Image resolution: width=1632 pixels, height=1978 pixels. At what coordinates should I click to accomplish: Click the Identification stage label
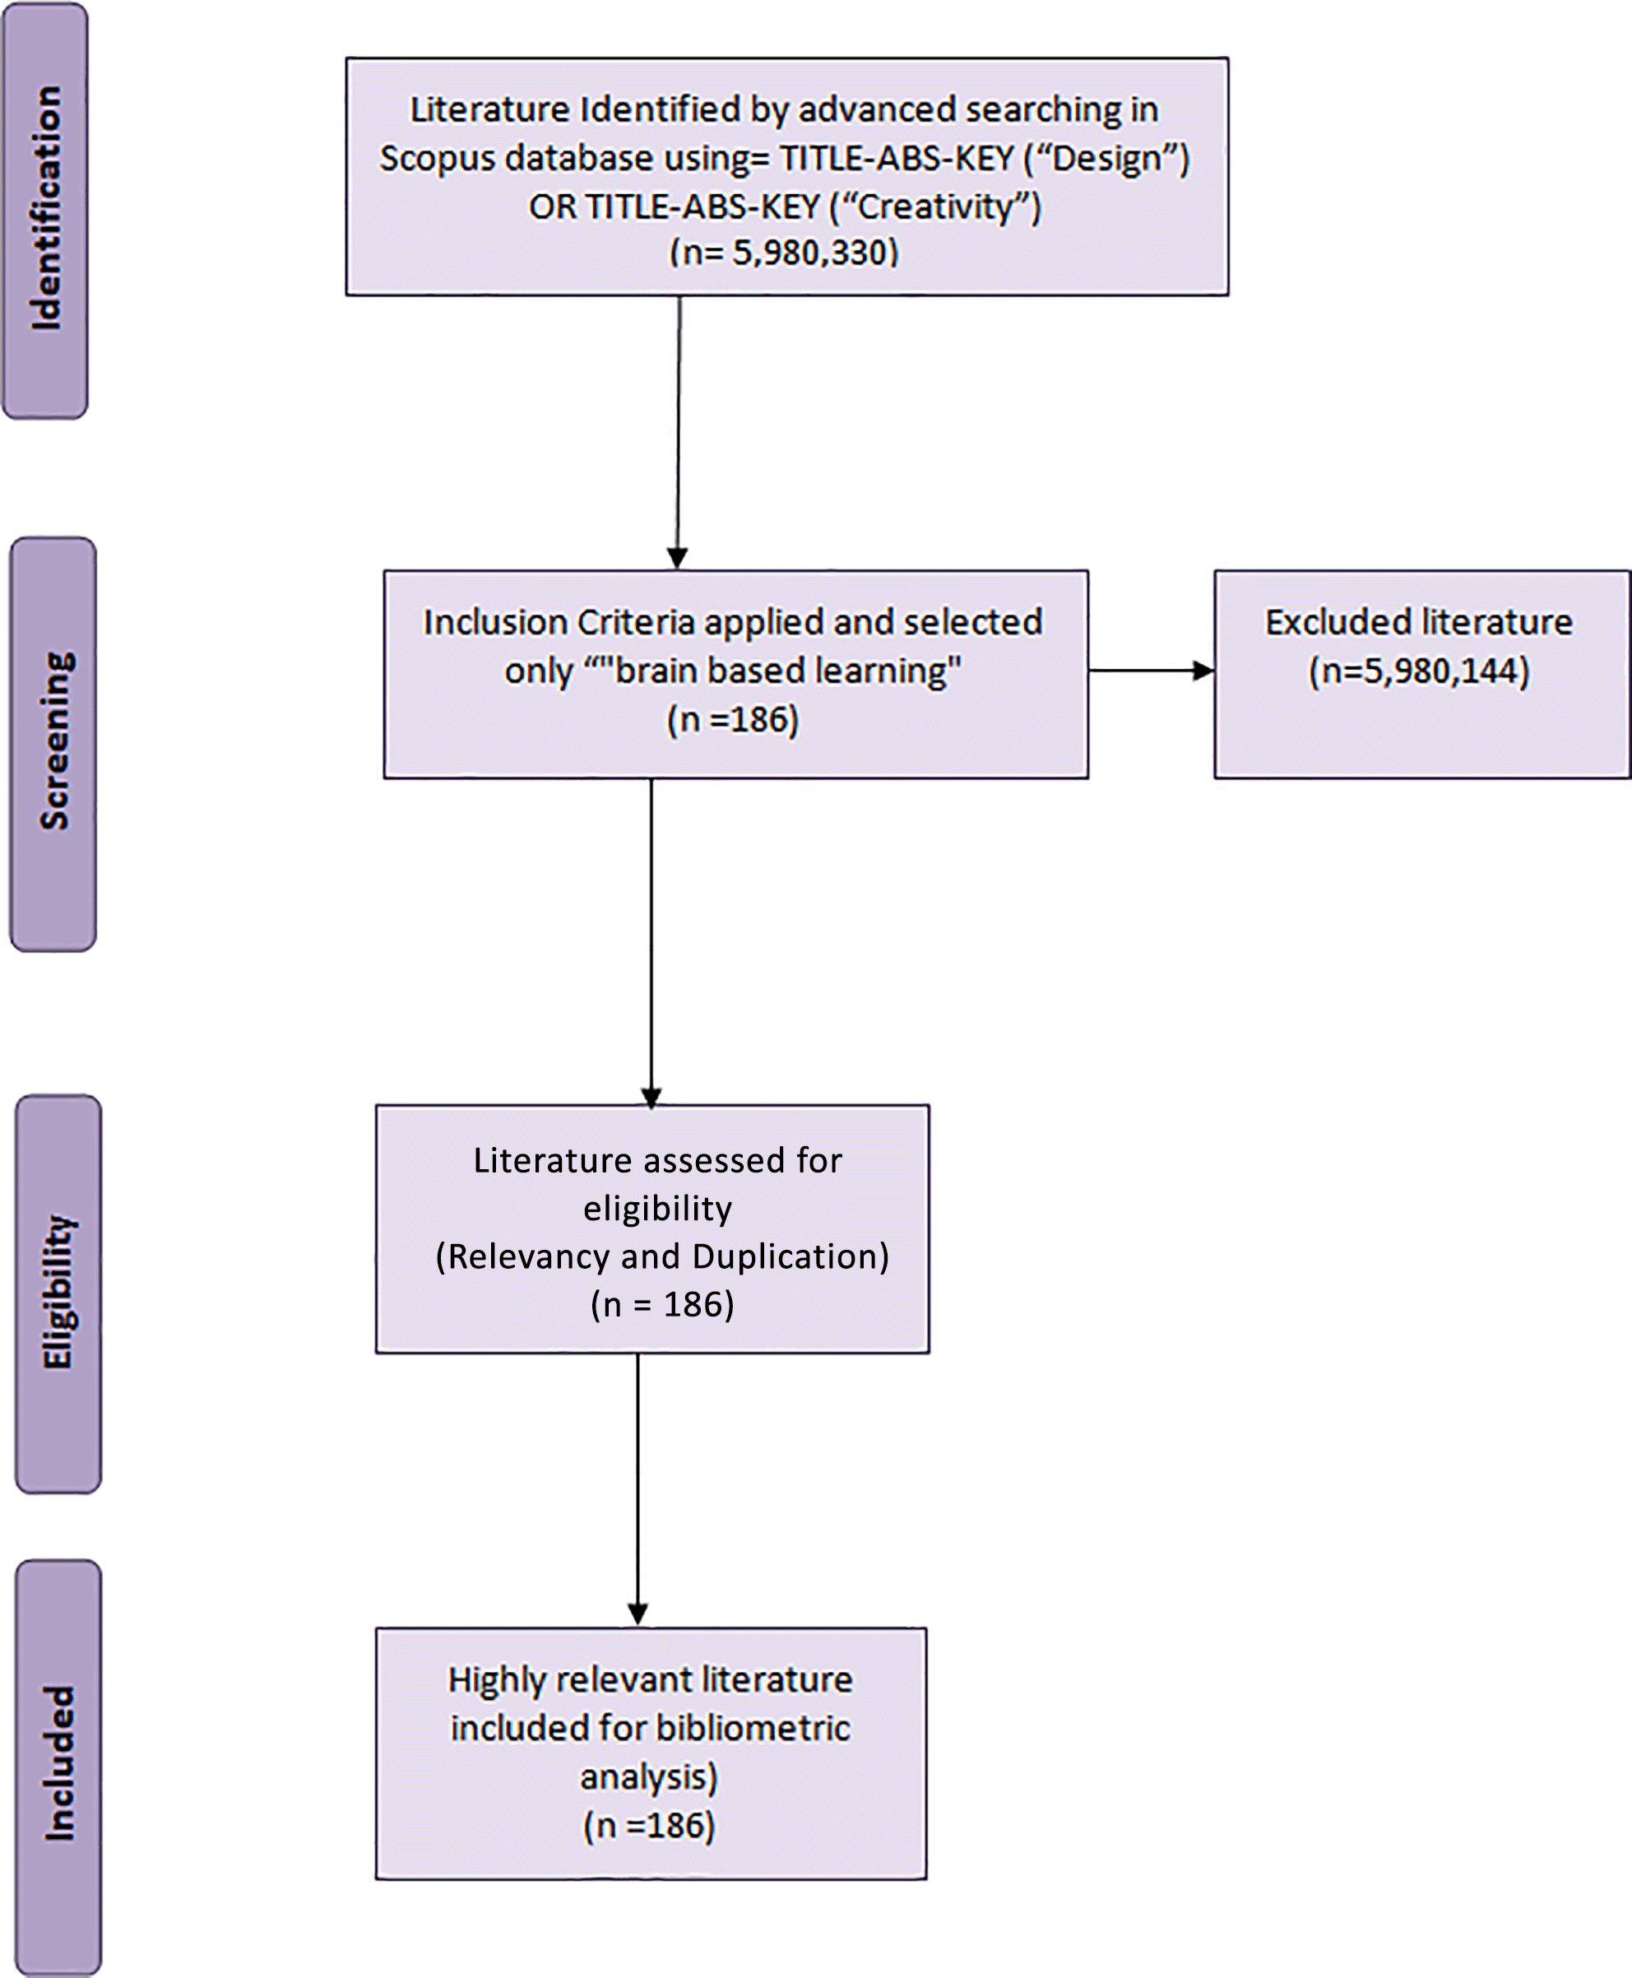(46, 208)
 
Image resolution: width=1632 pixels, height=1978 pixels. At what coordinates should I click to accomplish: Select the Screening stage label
(54, 741)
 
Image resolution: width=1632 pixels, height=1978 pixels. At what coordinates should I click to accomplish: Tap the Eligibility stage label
(58, 1292)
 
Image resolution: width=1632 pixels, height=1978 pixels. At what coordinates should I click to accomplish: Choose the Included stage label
(58, 1762)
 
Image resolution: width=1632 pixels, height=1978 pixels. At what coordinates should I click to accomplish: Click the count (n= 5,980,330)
(784, 252)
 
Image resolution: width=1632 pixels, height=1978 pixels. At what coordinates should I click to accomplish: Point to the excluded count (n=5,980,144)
(1419, 671)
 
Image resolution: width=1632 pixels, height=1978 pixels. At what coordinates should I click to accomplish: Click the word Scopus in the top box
(437, 157)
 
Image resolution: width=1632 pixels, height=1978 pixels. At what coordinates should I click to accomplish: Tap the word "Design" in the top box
(1106, 157)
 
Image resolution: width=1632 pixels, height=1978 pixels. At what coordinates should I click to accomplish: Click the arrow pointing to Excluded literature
(1152, 671)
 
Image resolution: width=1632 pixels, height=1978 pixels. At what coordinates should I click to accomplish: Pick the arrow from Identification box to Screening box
(678, 433)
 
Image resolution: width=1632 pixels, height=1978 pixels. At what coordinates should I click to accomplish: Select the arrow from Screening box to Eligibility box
(651, 942)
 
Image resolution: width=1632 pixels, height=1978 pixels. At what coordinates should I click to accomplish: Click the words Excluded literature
(1419, 621)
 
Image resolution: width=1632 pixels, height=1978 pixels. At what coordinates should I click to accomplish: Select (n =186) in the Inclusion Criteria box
(733, 719)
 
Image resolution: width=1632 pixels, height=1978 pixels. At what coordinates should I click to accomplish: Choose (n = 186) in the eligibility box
(662, 1305)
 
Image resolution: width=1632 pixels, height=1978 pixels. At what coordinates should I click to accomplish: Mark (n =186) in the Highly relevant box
(650, 1826)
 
